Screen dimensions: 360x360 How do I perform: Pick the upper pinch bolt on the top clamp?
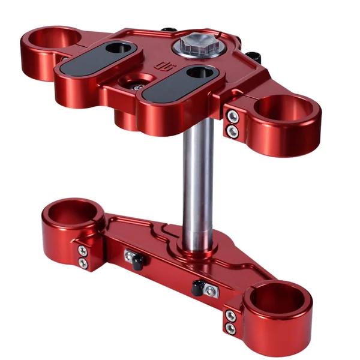pos(232,115)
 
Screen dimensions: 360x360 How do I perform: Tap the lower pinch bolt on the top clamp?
pos(232,129)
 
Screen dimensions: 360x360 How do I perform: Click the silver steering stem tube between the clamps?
pos(199,180)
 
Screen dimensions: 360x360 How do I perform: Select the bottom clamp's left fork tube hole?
pos(69,212)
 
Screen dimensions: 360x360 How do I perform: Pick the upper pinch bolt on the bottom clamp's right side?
pos(230,315)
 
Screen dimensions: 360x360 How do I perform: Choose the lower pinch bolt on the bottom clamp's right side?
pos(230,328)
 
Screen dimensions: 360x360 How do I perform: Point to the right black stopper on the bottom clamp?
pos(197,287)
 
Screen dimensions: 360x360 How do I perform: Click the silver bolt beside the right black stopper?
pos(209,290)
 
